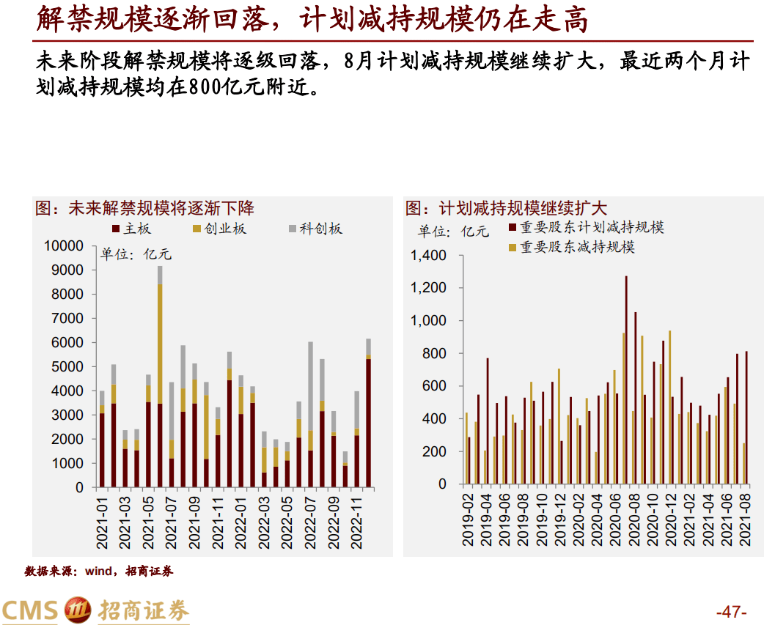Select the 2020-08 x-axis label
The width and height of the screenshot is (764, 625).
(x=632, y=521)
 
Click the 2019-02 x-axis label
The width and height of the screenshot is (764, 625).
(x=467, y=521)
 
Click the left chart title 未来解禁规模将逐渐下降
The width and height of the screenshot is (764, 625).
(x=161, y=208)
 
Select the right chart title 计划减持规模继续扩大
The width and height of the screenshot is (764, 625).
(x=522, y=208)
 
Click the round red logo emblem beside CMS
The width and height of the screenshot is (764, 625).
(x=78, y=610)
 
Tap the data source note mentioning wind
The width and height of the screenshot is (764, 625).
(x=99, y=571)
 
